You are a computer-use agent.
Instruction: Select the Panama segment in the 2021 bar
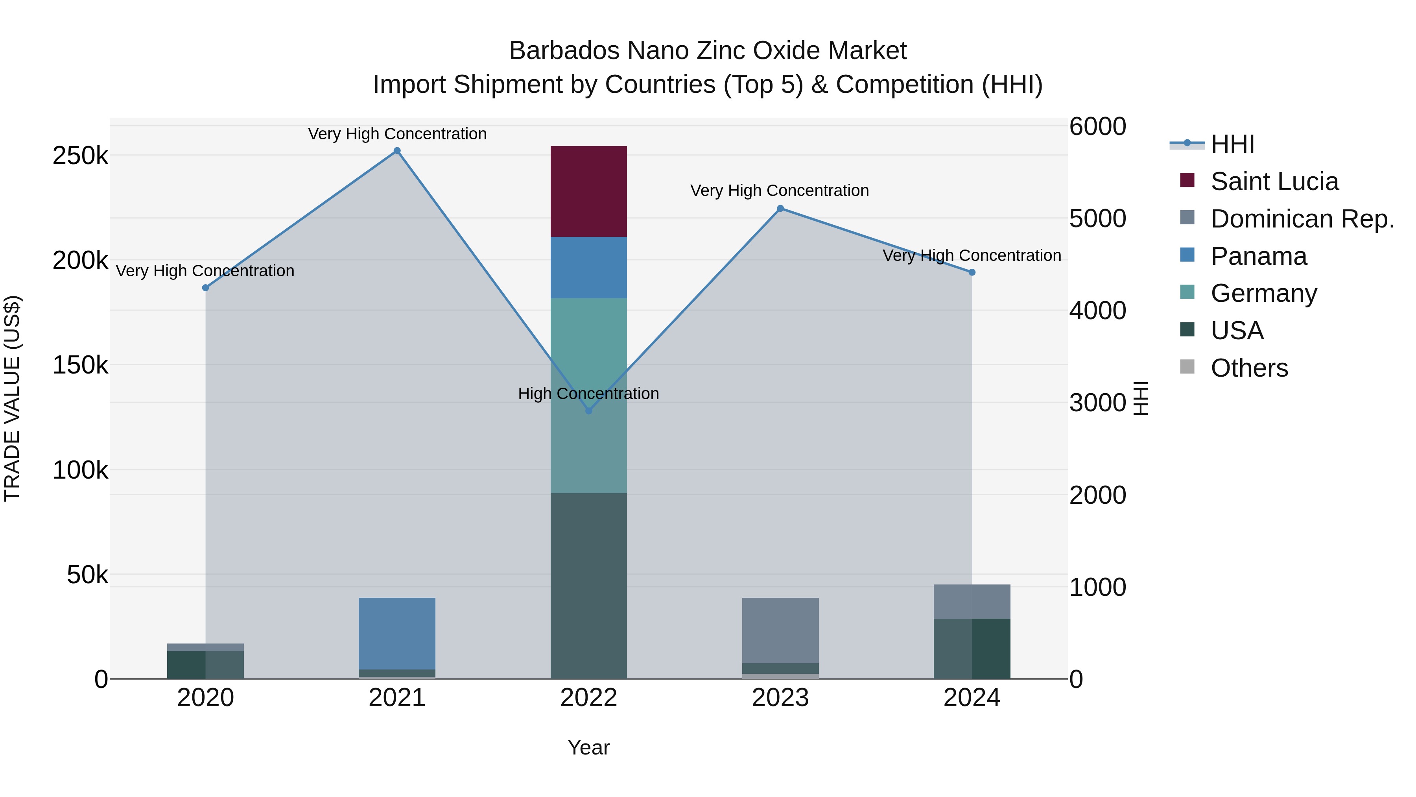pos(397,633)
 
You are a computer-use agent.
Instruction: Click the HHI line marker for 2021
pos(397,151)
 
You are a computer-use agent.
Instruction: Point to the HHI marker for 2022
pos(589,411)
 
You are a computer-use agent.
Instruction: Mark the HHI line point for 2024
pos(972,272)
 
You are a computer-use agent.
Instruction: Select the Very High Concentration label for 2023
pos(780,190)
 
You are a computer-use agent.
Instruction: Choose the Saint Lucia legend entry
pos(1274,181)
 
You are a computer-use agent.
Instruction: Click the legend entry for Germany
pos(1264,293)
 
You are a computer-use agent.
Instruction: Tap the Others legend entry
pos(1249,368)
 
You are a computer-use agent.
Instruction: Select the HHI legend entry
pos(1232,144)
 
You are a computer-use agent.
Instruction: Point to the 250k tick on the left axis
pos(80,155)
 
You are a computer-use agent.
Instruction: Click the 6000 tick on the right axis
pos(1097,126)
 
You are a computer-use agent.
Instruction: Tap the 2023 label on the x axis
pos(780,698)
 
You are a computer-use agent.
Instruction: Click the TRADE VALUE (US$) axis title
pos(12,398)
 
